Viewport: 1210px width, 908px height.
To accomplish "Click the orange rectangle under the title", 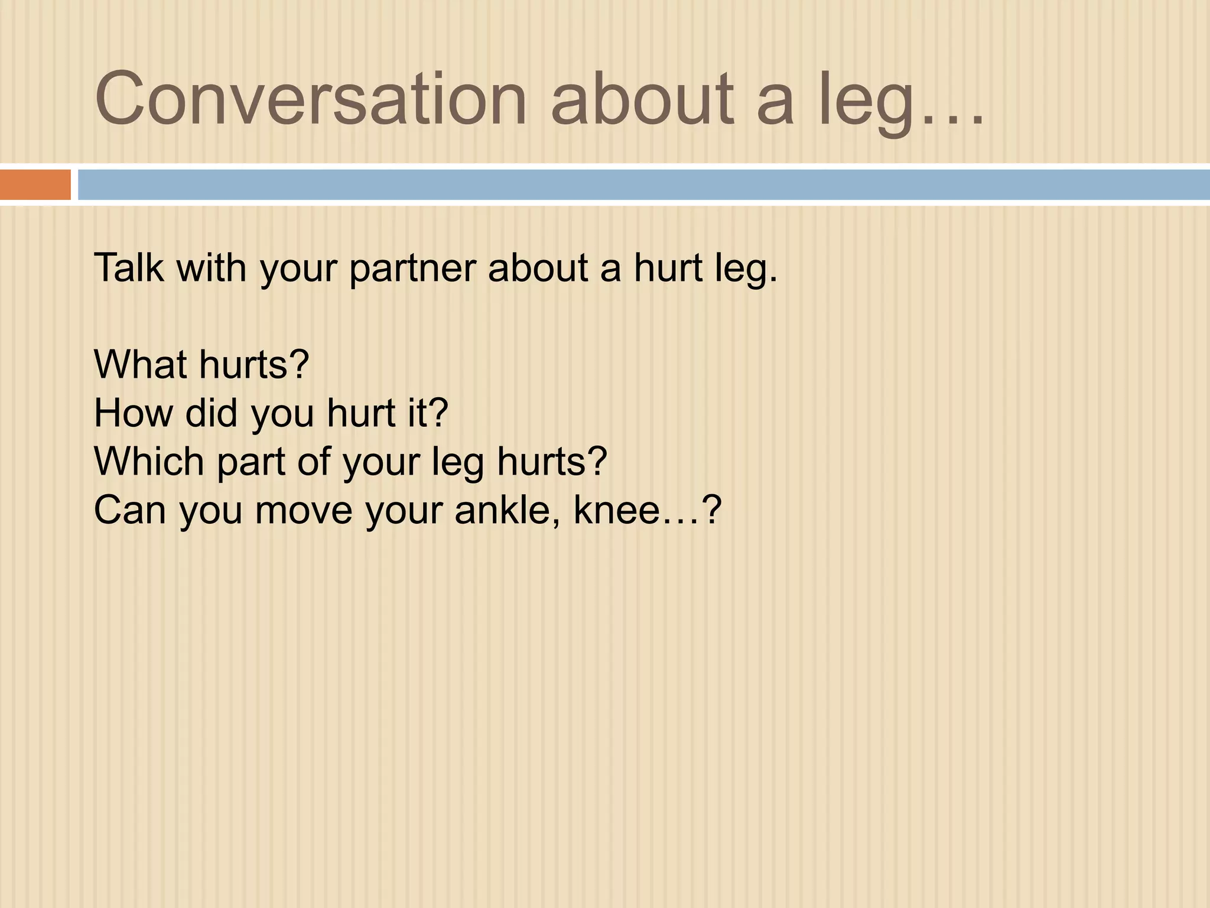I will pos(35,184).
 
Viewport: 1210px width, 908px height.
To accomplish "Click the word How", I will pos(134,413).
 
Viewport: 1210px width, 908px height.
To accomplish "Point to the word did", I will pos(212,413).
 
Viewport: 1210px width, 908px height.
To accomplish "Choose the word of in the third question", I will pos(314,461).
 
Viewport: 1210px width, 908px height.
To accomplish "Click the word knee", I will pos(617,510).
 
